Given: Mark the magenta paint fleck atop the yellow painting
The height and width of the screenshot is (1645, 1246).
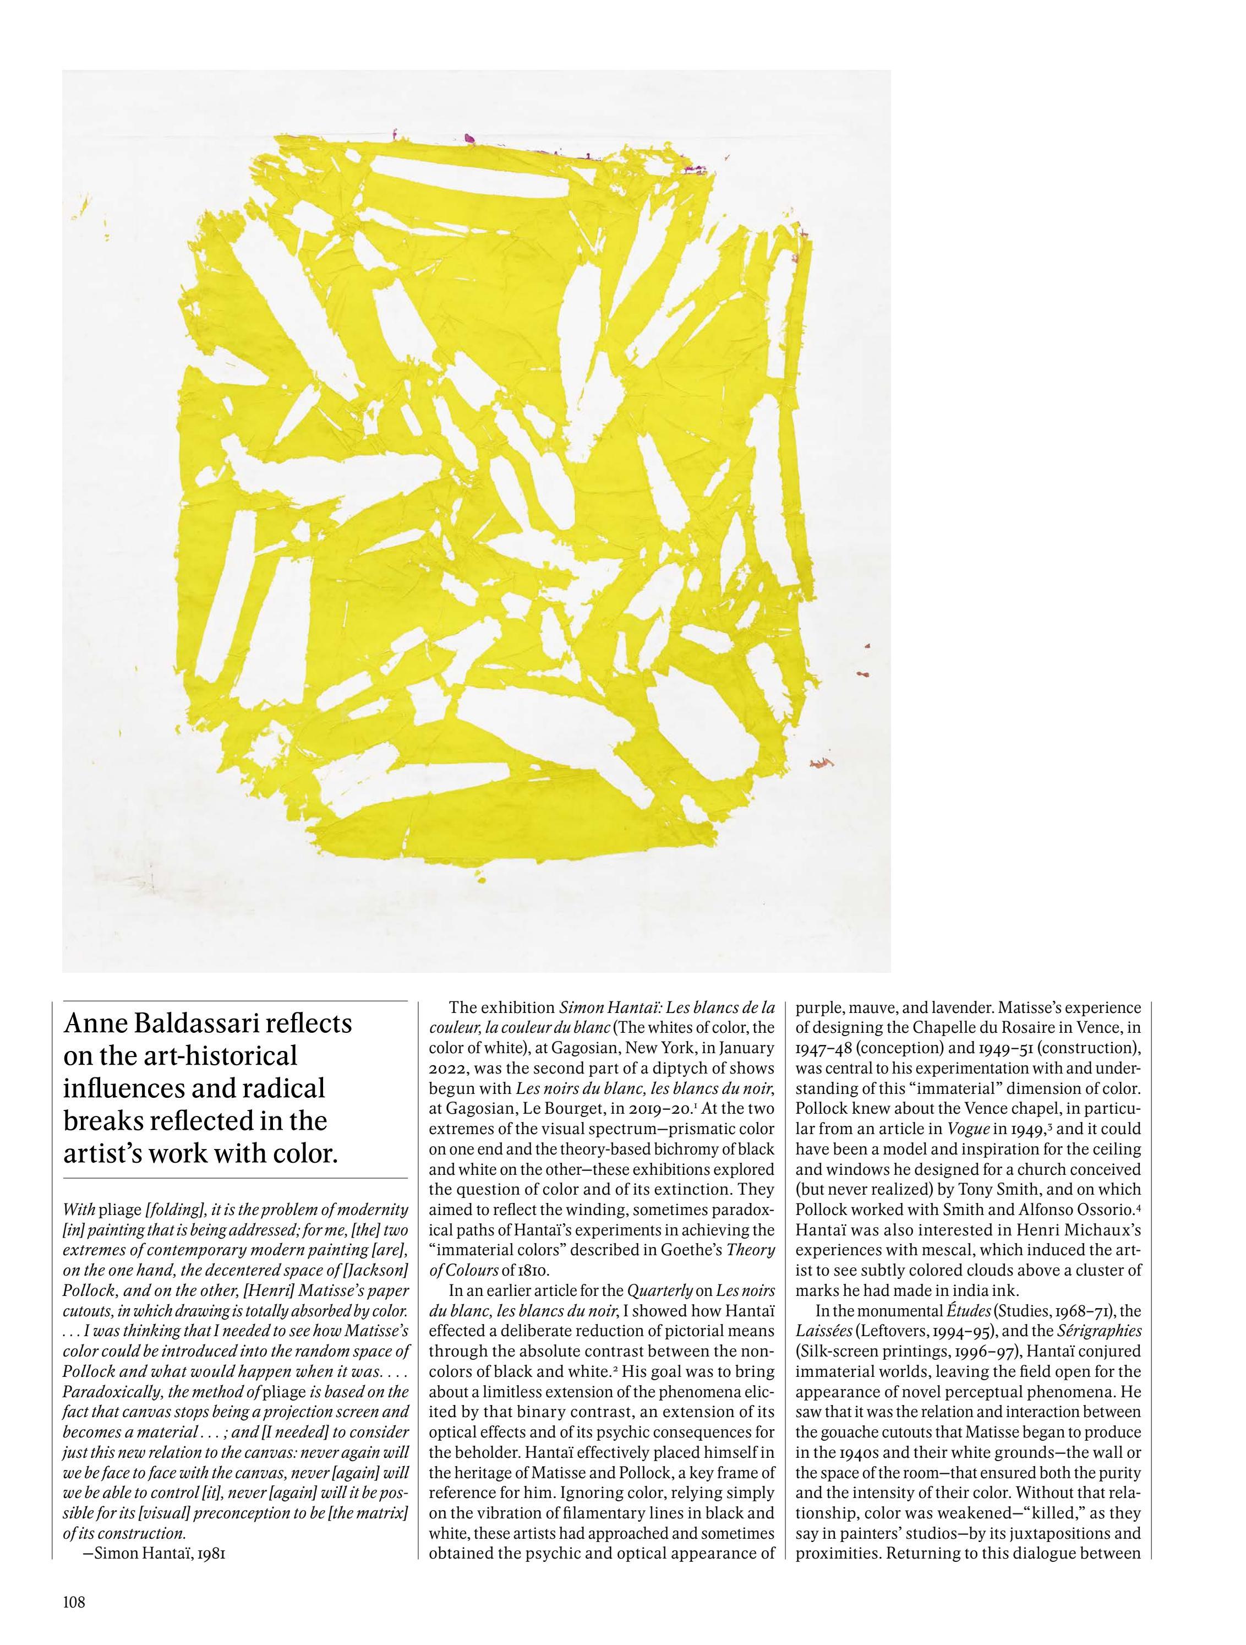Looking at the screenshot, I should pyautogui.click(x=469, y=139).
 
